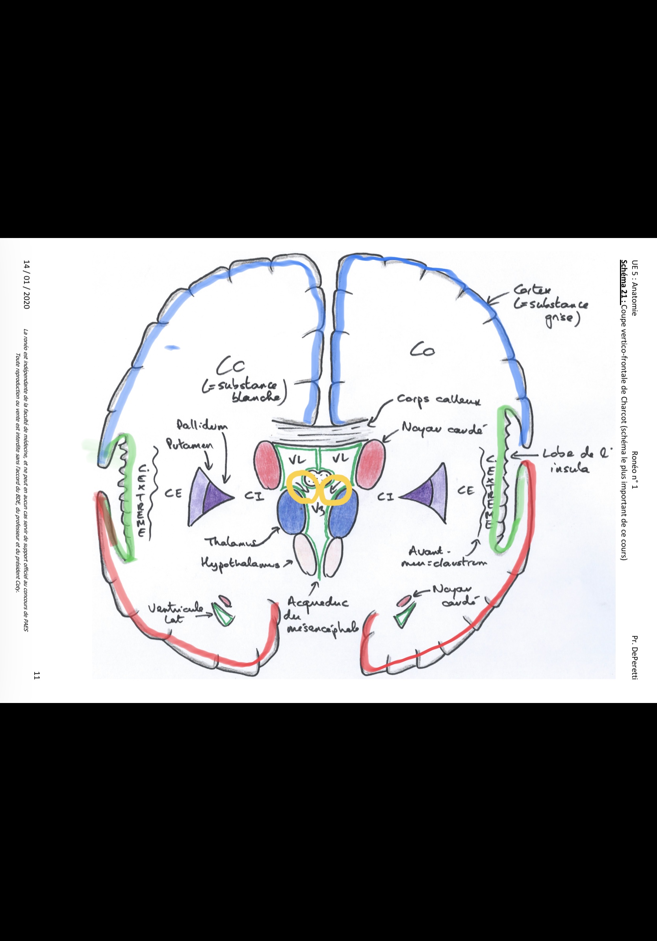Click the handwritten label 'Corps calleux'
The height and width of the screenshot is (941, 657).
coord(439,400)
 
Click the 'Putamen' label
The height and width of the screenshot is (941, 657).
coord(189,444)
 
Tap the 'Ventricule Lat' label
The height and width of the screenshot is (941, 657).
coord(176,613)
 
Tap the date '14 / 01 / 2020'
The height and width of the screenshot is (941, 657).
coord(27,284)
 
